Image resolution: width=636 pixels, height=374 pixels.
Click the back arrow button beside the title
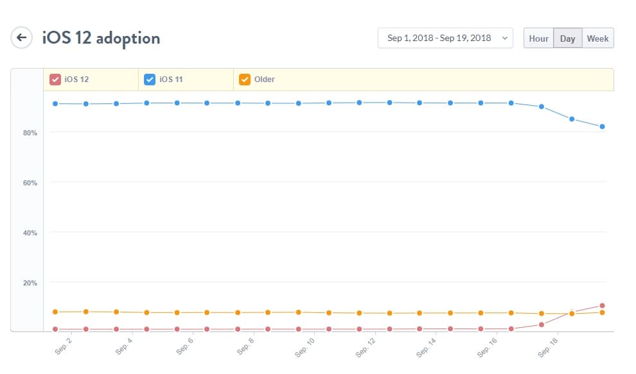click(x=21, y=37)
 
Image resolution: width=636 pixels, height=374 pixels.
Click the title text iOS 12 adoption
click(x=101, y=38)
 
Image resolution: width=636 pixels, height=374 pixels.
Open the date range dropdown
click(x=445, y=38)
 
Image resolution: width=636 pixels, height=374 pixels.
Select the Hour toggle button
click(x=538, y=38)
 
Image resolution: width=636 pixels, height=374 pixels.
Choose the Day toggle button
click(x=567, y=38)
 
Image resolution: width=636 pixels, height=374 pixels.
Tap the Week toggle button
click(x=597, y=38)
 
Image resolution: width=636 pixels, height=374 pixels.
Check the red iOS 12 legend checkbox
click(x=55, y=80)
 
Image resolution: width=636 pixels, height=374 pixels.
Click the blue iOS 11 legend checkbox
click(x=150, y=80)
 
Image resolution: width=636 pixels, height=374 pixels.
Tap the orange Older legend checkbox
click(x=245, y=80)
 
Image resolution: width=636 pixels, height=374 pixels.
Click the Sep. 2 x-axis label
click(x=64, y=346)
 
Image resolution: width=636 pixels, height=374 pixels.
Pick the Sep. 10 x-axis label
click(x=305, y=347)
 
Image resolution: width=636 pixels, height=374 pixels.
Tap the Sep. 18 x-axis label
click(x=547, y=347)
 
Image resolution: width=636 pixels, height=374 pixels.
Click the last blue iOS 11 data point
click(x=602, y=126)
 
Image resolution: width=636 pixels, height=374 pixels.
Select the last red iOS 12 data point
click(x=602, y=305)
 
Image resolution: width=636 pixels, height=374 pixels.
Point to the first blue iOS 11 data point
click(x=55, y=103)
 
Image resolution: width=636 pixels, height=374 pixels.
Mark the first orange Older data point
click(x=55, y=312)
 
